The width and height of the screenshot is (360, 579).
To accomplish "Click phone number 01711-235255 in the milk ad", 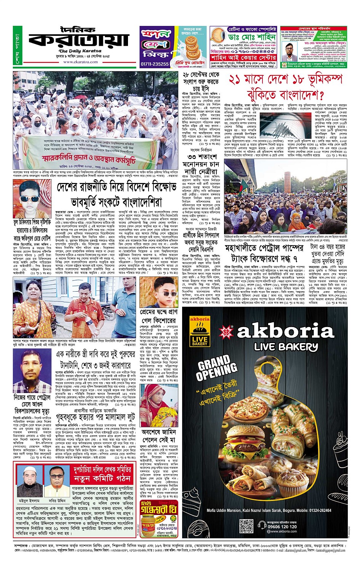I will tap(155, 64).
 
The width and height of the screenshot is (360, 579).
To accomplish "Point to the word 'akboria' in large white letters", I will tap(286, 332).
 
